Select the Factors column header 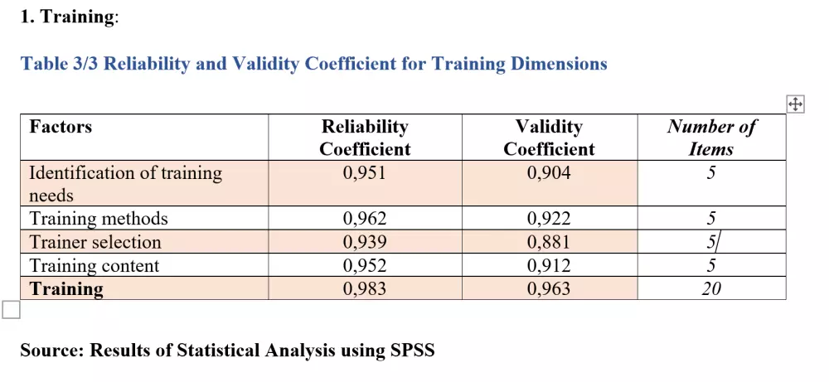pos(61,127)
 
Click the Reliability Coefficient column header pos(365,138)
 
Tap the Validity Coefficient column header pos(549,138)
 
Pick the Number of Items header pos(711,138)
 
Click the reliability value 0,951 pos(365,173)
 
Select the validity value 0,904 pos(549,173)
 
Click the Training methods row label pos(99,219)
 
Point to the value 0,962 pos(365,219)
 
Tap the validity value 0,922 pos(549,219)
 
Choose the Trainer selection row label pos(95,242)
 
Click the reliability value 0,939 pos(365,242)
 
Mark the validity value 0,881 pos(549,242)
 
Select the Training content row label pos(94,266)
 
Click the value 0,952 pos(365,266)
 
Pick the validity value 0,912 pos(549,266)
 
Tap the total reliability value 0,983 pos(365,289)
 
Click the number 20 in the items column pos(710,289)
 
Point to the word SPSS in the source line pos(412,351)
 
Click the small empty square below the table pos(11,310)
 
